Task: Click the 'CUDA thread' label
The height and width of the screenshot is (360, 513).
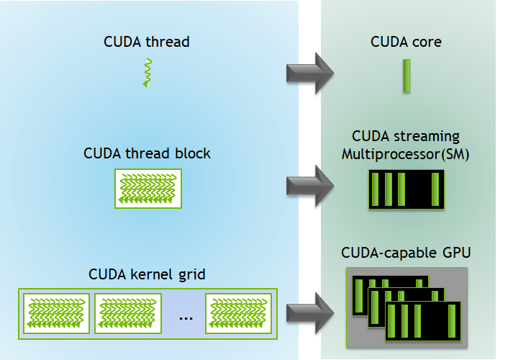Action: coord(147,42)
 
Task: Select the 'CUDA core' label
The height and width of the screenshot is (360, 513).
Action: coord(406,42)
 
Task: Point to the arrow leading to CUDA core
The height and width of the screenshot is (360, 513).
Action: coord(310,72)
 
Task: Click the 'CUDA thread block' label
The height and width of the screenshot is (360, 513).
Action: coord(147,153)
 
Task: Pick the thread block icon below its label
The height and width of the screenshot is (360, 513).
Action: coord(148,189)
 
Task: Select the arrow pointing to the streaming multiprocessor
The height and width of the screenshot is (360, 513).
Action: coord(310,185)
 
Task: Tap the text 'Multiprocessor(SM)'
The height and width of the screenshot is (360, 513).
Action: coord(406,154)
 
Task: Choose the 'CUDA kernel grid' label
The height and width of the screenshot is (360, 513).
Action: coord(147,274)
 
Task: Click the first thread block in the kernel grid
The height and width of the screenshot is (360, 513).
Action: coord(57,312)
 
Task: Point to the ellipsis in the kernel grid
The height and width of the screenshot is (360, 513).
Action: coord(186,317)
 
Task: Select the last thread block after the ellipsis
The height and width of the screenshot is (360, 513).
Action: coord(239,312)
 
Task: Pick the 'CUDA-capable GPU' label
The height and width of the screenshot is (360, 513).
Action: coord(407,253)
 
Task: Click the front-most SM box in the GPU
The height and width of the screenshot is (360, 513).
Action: coord(423,321)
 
